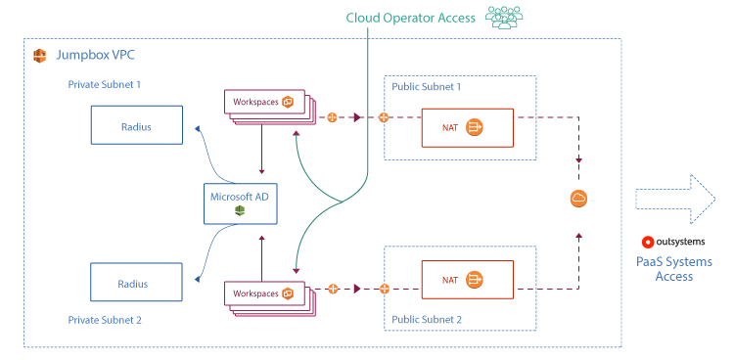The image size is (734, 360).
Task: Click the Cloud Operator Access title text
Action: pos(410,18)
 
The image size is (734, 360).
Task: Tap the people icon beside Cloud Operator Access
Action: pos(502,18)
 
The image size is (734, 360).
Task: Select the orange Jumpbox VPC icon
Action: pos(40,55)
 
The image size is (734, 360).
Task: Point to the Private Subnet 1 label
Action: pos(105,85)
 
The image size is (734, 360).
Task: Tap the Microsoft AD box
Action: pos(239,203)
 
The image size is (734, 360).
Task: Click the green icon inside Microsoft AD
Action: pos(239,210)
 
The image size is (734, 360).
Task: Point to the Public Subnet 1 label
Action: pos(427,86)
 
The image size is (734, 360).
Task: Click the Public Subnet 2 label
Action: pos(427,319)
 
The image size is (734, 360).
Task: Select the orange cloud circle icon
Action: pos(578,199)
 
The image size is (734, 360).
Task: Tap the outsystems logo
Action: pos(673,242)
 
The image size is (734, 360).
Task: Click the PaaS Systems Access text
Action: pos(673,269)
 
